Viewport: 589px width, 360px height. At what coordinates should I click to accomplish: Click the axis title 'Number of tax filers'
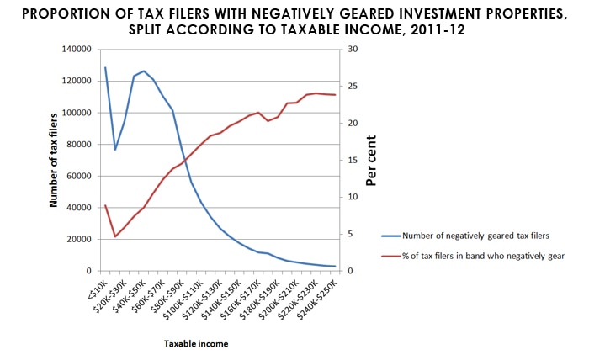pyautogui.click(x=53, y=160)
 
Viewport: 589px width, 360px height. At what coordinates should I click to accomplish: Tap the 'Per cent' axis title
pyautogui.click(x=371, y=160)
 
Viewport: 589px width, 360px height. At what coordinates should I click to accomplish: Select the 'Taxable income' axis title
pyautogui.click(x=196, y=343)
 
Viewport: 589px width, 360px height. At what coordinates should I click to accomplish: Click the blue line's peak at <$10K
pyautogui.click(x=105, y=67)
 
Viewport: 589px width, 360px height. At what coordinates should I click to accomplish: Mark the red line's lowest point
pyautogui.click(x=115, y=236)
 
